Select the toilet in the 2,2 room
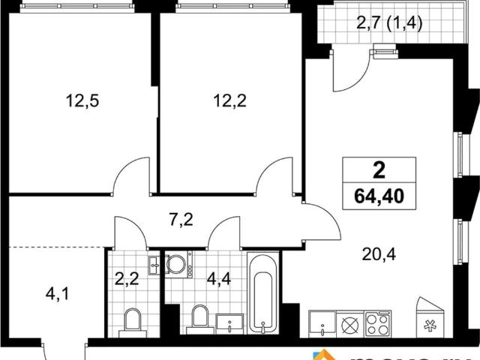click(133, 321)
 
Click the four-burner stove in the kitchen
click(376, 325)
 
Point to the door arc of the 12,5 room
click(132, 177)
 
